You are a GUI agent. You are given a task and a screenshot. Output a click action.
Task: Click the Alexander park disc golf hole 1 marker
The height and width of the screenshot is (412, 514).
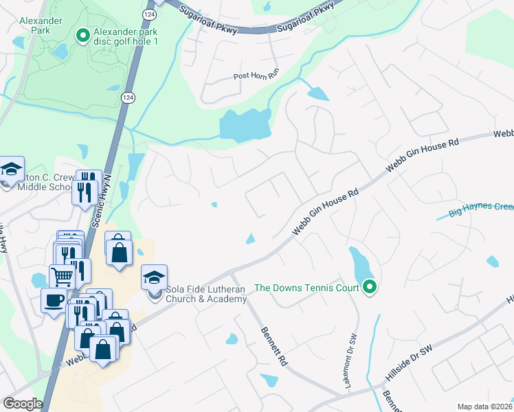pos(83,36)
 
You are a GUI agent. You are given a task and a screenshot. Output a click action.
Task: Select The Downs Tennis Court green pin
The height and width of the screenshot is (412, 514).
pos(370,287)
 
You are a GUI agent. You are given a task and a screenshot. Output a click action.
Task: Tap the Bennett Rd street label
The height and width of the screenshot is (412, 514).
pos(273,346)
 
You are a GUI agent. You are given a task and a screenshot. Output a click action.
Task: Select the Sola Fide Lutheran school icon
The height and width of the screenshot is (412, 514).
pos(155,277)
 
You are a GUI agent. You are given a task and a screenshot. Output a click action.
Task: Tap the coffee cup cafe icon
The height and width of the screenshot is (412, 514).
pos(54,299)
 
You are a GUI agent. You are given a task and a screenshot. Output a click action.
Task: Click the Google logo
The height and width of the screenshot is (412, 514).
pos(23,404)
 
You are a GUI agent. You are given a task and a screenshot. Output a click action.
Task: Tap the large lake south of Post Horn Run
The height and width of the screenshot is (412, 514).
pos(244,125)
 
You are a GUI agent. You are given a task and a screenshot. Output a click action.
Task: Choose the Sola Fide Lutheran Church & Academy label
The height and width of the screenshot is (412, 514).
pos(205,294)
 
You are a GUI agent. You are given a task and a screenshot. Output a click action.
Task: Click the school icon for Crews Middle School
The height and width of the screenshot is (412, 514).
pos(11,170)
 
